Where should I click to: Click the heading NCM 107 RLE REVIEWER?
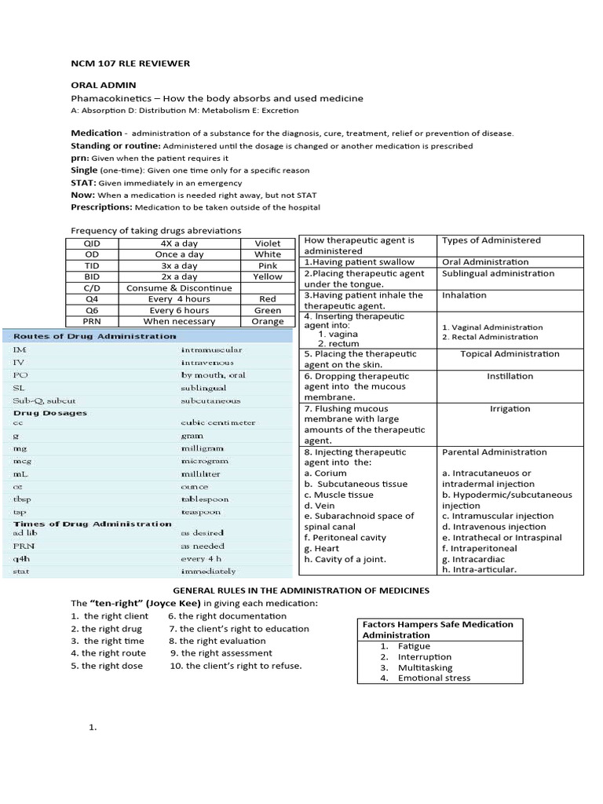[130, 63]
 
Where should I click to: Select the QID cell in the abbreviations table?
[93, 243]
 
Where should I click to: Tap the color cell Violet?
[267, 243]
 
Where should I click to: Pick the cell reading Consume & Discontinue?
[179, 288]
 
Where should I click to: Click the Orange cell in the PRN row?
[268, 321]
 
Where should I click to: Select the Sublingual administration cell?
[498, 274]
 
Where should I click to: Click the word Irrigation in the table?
[510, 409]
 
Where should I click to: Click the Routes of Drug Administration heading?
[95, 336]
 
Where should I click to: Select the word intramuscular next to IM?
[211, 349]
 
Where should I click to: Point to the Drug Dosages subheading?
[50, 413]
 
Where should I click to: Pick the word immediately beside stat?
[208, 571]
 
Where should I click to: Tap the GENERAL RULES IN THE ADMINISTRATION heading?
[301, 590]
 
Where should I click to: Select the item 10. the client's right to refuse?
[236, 666]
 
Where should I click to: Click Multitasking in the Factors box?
[425, 667]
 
